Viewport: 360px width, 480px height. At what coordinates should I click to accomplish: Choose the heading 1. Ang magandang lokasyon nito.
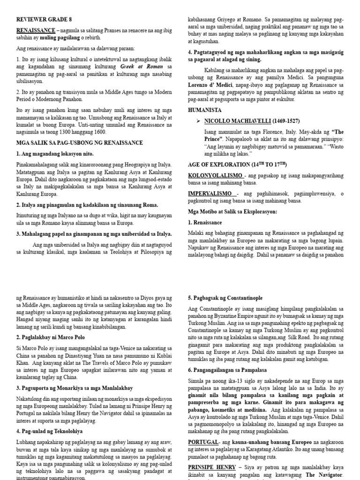pos(55,154)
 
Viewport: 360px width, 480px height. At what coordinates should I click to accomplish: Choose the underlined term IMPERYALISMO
pos(211,194)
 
